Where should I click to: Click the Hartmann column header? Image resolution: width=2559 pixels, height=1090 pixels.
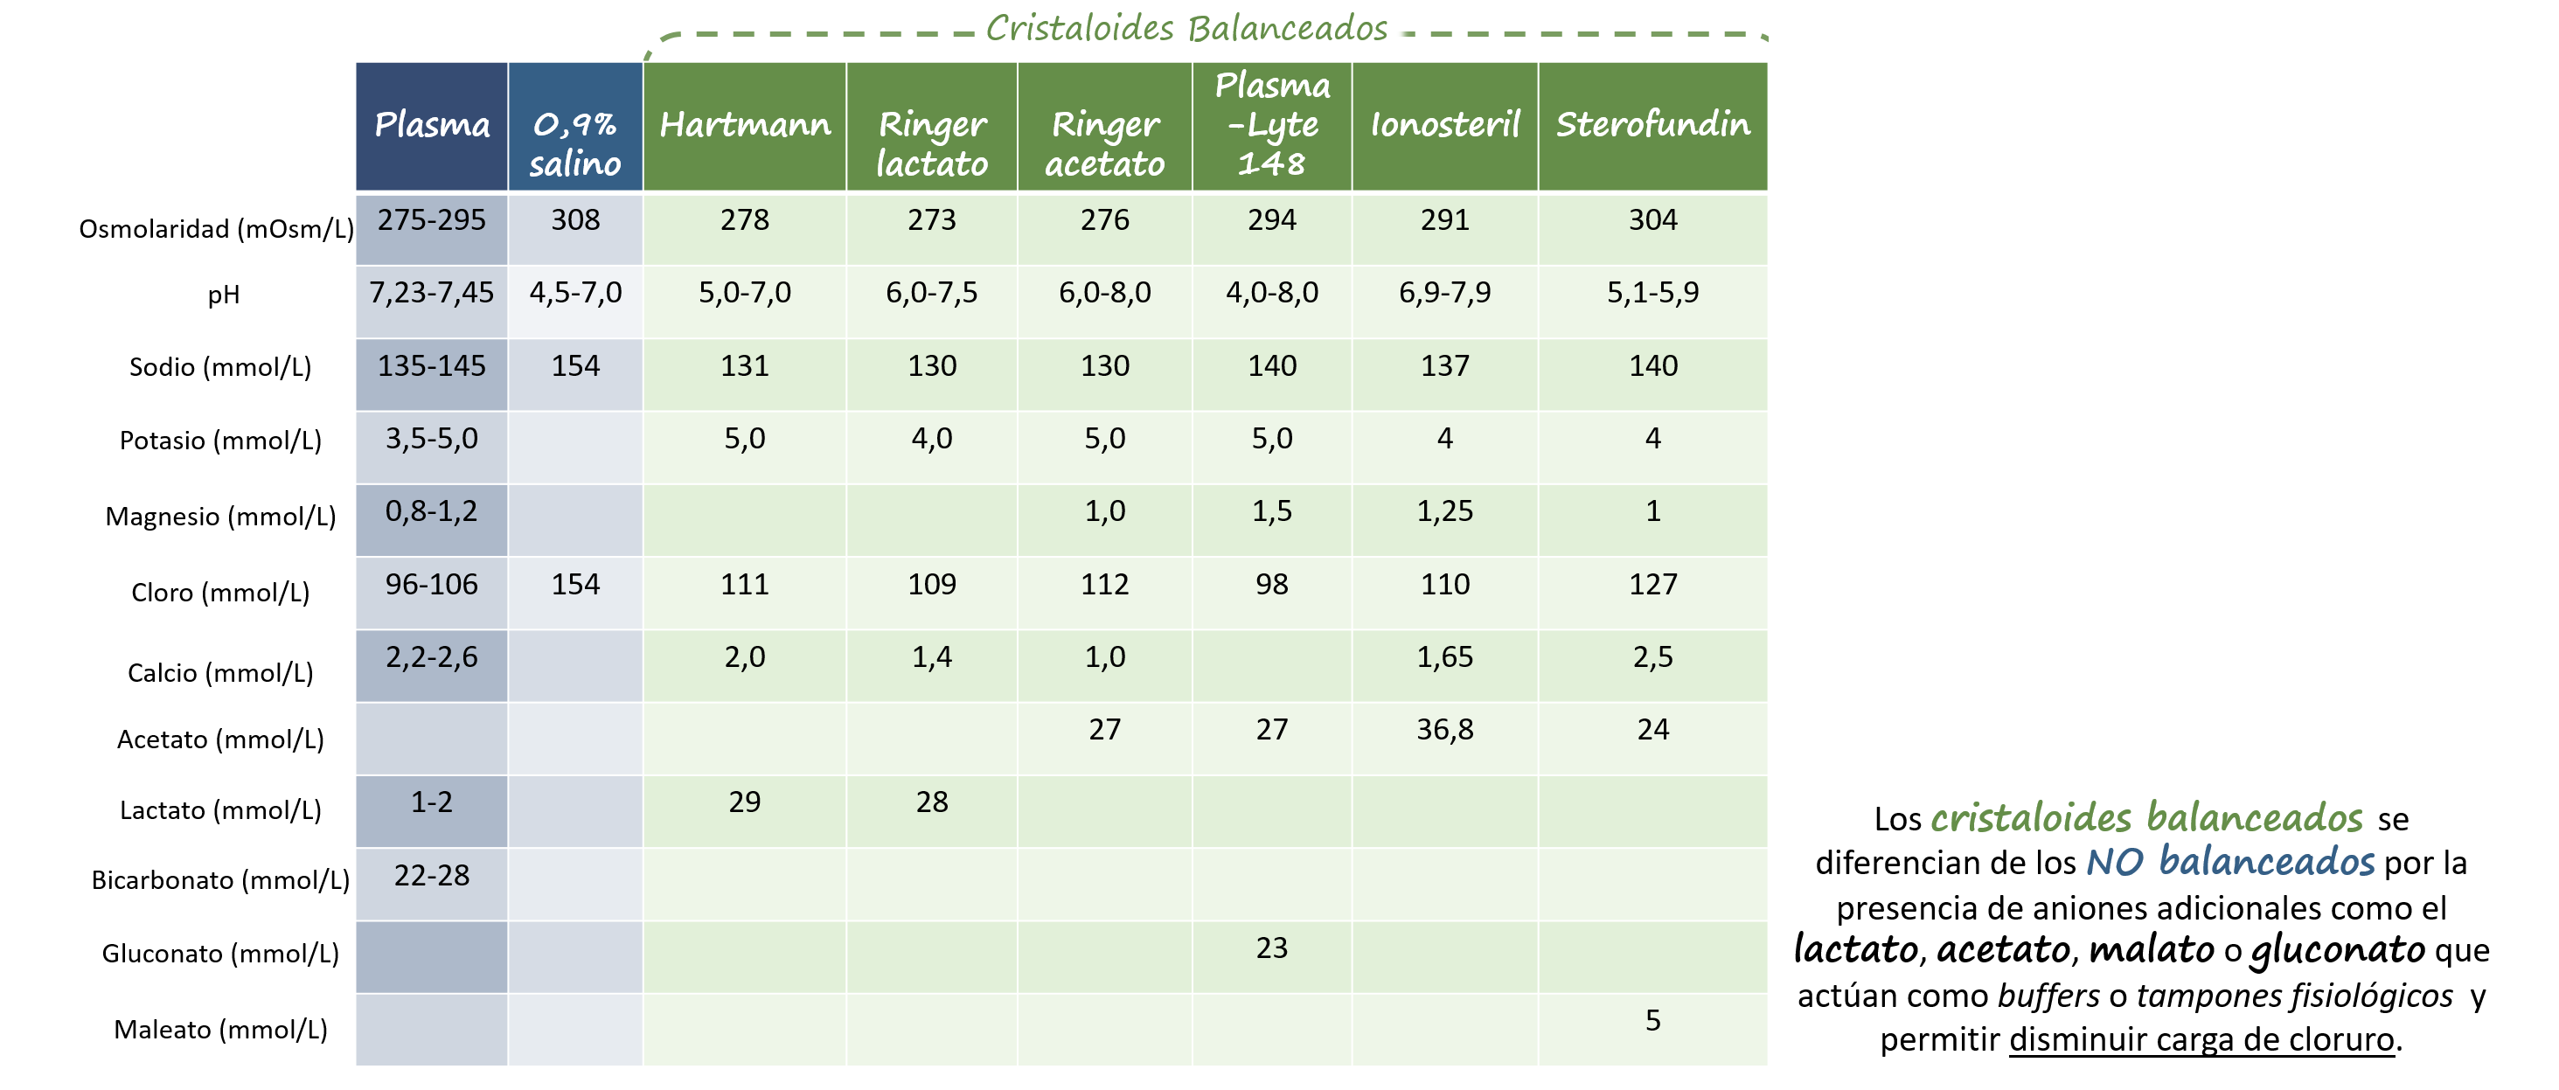coord(745,125)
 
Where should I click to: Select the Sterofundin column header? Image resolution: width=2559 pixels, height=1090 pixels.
coord(1652,125)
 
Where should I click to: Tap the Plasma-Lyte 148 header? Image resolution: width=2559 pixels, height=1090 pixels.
coord(1271,125)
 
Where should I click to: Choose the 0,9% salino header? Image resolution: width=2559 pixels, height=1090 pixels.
coord(575,144)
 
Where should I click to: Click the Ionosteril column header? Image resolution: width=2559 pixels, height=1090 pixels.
coord(1444,125)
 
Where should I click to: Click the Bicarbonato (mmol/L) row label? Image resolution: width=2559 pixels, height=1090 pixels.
coord(220,880)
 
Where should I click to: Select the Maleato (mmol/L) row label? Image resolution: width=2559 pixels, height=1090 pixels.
coord(220,1030)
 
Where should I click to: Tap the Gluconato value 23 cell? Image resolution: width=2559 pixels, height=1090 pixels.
coord(1271,948)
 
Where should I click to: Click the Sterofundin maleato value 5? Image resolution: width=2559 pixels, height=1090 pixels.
coord(1652,1020)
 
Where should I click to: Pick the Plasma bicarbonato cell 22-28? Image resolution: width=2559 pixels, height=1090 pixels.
coord(431,875)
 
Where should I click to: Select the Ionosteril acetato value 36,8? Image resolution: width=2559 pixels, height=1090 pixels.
coord(1444,729)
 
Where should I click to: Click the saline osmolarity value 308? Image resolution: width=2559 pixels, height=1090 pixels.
coord(575,219)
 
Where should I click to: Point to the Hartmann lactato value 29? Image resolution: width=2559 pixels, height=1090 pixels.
coord(745,802)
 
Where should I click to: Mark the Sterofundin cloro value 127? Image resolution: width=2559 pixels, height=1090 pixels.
coord(1652,584)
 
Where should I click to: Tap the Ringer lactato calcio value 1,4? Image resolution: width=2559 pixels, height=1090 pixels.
coord(932,656)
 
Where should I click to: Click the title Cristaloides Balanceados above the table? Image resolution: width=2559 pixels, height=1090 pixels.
coord(1186,28)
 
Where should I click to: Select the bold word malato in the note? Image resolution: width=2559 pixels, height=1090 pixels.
coord(2152,950)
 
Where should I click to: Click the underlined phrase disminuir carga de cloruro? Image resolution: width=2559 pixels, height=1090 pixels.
coord(2201,1039)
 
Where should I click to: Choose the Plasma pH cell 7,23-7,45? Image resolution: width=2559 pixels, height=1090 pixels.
coord(431,292)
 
